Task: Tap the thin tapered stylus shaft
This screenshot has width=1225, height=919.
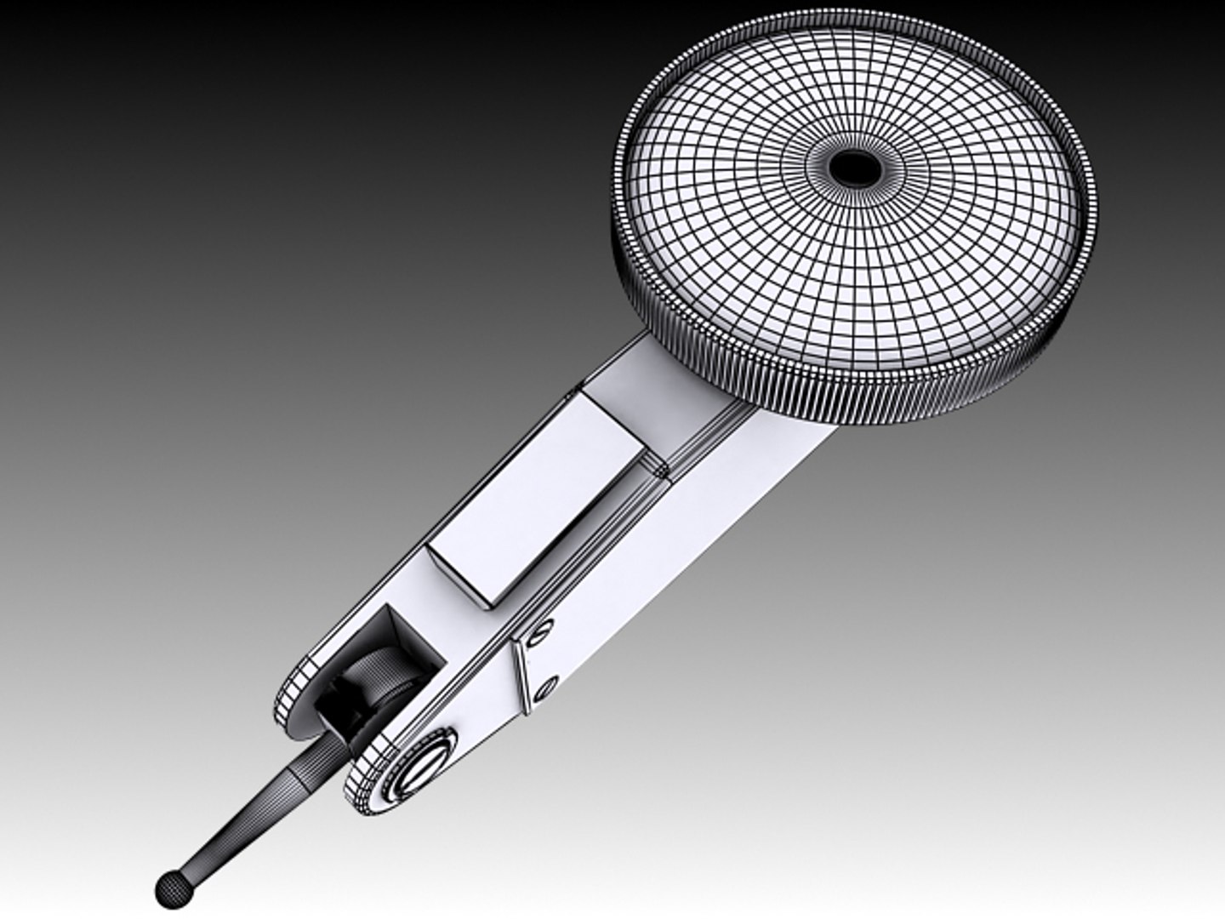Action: click(238, 817)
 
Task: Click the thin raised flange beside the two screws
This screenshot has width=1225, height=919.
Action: click(521, 672)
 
